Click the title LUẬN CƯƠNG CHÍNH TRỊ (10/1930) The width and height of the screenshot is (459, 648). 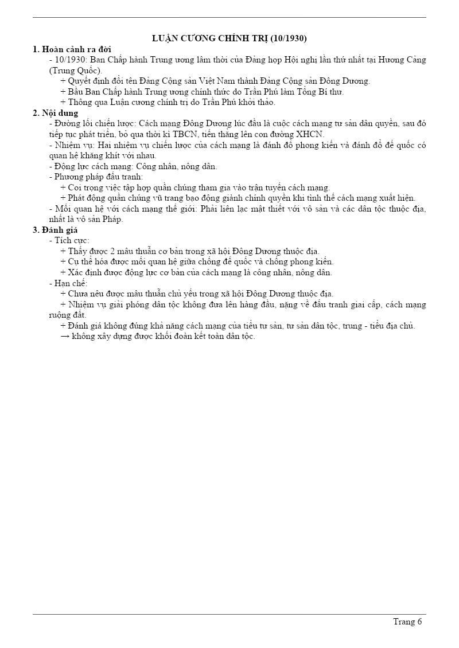coord(229,38)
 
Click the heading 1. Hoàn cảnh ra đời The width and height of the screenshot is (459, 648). coord(72,49)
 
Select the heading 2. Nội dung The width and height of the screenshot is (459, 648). coord(56,113)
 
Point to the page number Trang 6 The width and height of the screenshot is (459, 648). coord(407,622)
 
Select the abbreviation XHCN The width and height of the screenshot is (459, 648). coord(310,134)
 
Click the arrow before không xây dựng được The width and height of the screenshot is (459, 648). coord(65,337)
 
